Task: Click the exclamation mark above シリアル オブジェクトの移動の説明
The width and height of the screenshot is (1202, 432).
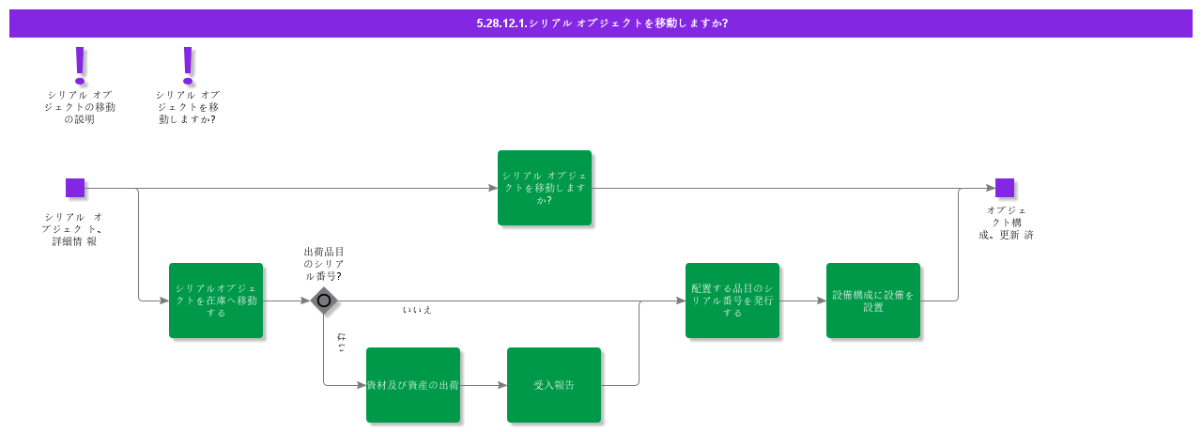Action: tap(80, 66)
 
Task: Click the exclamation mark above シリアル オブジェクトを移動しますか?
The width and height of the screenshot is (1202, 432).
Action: tap(188, 66)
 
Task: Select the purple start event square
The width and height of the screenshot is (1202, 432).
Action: tap(75, 188)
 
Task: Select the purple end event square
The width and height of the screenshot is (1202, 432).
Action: tap(1005, 188)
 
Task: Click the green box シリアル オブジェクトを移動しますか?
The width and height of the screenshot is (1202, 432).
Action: tap(545, 188)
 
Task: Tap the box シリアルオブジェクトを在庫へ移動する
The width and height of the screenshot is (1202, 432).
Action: tap(216, 301)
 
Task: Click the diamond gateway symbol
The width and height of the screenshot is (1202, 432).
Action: tap(324, 301)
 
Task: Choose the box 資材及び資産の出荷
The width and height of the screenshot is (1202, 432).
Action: tap(413, 385)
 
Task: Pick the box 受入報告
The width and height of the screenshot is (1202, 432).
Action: tap(554, 385)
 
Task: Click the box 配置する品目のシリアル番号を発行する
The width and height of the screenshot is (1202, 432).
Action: tap(732, 301)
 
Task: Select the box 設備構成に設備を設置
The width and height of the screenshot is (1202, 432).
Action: tap(873, 301)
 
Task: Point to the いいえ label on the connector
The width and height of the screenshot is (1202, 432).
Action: tap(417, 310)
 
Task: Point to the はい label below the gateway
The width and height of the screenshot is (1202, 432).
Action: tap(341, 343)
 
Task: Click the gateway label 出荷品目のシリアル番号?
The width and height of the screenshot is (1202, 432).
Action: tap(323, 264)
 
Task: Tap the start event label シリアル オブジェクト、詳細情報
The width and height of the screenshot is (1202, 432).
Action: tap(74, 229)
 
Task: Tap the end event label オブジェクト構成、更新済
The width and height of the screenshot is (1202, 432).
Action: tap(1006, 223)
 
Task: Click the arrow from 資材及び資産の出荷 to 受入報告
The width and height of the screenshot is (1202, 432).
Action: tap(484, 385)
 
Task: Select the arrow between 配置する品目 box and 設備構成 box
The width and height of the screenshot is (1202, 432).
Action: tap(803, 301)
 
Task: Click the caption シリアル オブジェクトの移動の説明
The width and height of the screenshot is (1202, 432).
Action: tap(80, 107)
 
